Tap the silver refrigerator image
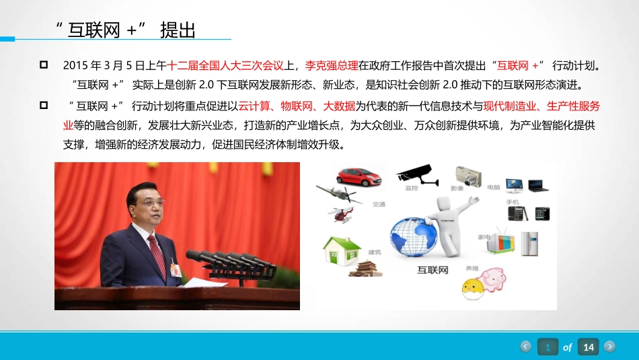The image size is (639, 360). [530, 243]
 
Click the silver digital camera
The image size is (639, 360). [469, 176]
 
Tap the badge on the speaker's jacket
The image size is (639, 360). [176, 268]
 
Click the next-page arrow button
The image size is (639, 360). [609, 347]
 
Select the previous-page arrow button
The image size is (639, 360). [526, 347]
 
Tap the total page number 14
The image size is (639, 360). [589, 347]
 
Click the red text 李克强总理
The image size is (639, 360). [332, 66]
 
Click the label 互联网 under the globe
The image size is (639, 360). [433, 271]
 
